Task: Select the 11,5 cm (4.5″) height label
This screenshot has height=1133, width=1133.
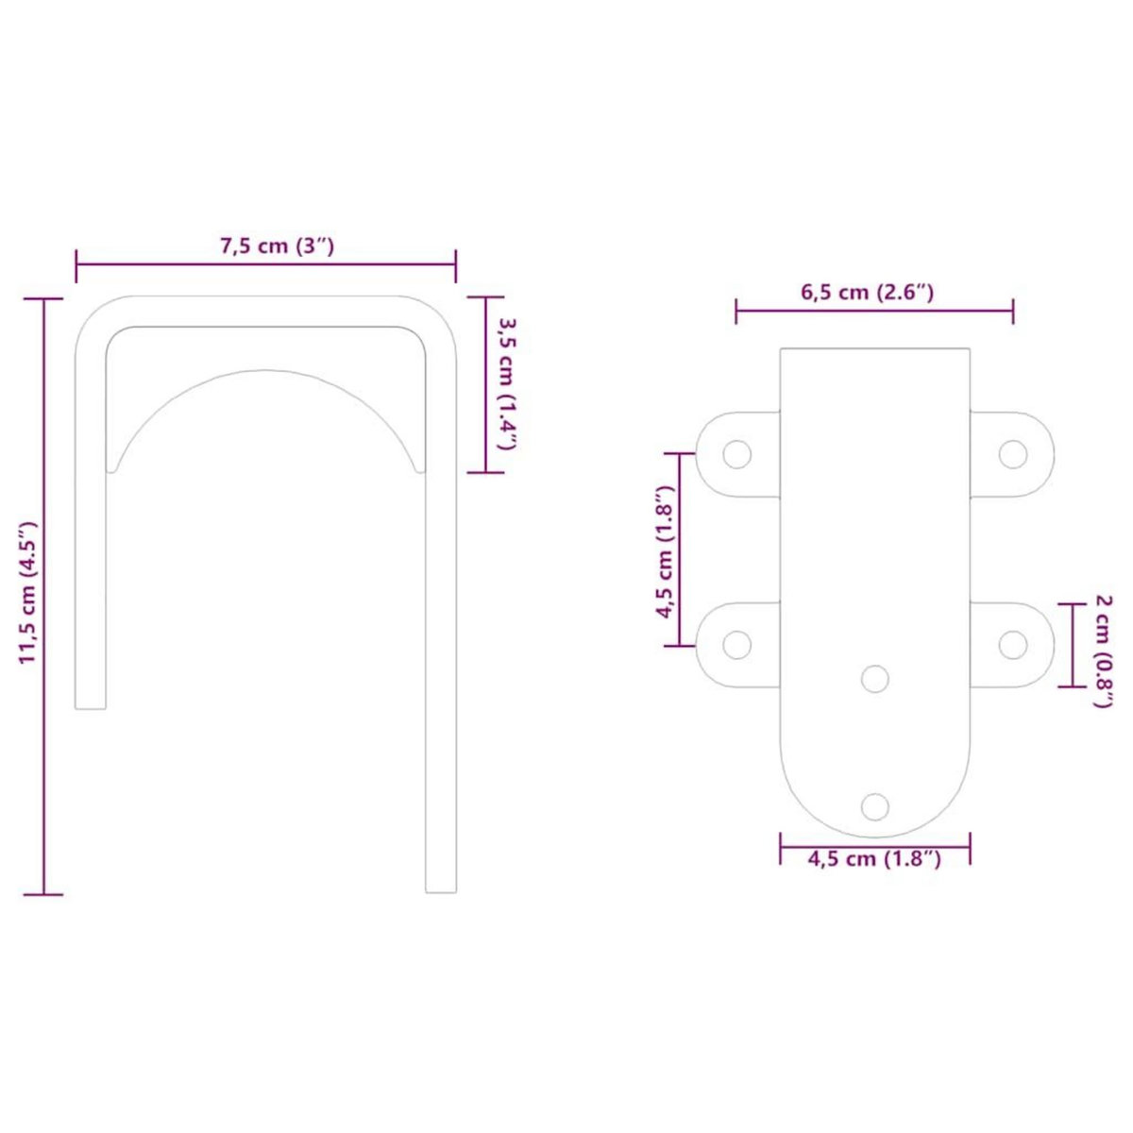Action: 27,592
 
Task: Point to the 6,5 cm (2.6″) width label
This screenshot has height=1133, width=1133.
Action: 868,292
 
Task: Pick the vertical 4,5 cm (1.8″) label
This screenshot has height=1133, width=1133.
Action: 666,551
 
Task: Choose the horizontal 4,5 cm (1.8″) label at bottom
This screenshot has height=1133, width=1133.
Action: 874,859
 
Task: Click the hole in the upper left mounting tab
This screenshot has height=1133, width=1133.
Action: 736,454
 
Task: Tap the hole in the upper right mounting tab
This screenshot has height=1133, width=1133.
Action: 1012,454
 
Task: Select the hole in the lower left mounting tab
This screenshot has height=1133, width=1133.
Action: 736,646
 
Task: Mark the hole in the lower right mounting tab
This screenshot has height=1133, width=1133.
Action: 1012,646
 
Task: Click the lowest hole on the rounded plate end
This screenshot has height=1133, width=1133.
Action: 875,806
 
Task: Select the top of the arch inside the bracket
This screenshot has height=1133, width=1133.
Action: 265,371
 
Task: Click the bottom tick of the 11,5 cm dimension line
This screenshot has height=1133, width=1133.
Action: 42,893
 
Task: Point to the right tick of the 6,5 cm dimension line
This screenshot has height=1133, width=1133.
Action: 1013,309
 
